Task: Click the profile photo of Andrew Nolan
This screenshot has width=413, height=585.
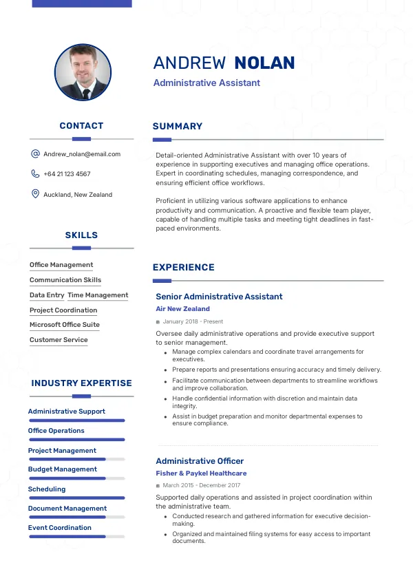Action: click(x=83, y=73)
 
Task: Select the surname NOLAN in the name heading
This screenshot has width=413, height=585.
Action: click(x=264, y=63)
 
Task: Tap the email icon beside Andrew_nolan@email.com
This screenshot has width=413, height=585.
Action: click(x=35, y=154)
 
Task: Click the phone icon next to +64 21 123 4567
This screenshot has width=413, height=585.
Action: click(x=35, y=174)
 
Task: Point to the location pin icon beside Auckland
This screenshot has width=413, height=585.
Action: click(x=35, y=194)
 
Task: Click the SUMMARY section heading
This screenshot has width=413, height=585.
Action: click(x=178, y=127)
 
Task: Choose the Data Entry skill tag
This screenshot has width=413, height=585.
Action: click(x=47, y=295)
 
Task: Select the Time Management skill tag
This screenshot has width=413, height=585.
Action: click(x=98, y=295)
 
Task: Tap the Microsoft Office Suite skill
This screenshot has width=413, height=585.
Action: click(x=65, y=325)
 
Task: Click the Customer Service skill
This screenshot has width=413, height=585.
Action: click(x=59, y=340)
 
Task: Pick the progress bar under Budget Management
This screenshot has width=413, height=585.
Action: click(x=76, y=478)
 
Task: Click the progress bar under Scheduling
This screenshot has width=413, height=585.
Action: click(x=76, y=498)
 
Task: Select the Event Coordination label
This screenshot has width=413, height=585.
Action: click(x=60, y=528)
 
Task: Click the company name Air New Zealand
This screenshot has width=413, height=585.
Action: click(x=182, y=309)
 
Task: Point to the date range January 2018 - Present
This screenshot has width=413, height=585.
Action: click(x=193, y=321)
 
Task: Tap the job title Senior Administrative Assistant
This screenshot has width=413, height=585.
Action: click(x=219, y=297)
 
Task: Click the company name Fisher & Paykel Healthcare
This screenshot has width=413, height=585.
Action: click(x=201, y=474)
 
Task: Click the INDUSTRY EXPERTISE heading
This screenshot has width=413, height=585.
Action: click(x=81, y=383)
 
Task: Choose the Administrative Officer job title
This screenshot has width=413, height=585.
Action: click(x=200, y=461)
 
